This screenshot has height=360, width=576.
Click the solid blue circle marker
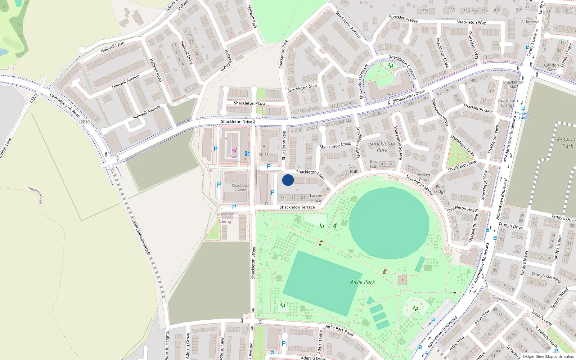(288, 180)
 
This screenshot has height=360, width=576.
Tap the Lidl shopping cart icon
(234, 151)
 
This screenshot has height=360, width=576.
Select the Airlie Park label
(363, 282)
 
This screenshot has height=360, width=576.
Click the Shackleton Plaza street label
(249, 103)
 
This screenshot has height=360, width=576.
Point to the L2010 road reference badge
(84, 122)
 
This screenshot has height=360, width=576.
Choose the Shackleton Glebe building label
(241, 188)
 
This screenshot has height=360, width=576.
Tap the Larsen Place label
(316, 198)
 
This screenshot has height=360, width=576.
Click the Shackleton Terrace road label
(297, 207)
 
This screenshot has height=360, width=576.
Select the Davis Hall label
(353, 169)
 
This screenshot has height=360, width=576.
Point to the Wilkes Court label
(424, 177)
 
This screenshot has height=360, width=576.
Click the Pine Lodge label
(440, 189)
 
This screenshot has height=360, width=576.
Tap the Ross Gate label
(374, 164)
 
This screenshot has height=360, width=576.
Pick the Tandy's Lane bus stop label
(523, 116)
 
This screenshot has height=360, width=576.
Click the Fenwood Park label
(567, 143)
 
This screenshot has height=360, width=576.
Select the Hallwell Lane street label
(112, 47)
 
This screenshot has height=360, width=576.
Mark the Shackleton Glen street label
(302, 88)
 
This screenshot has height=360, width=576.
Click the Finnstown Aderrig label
(225, 218)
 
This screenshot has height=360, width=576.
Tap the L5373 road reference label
(34, 98)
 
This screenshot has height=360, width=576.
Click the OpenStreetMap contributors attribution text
(548, 357)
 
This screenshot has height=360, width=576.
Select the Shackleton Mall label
(513, 85)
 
